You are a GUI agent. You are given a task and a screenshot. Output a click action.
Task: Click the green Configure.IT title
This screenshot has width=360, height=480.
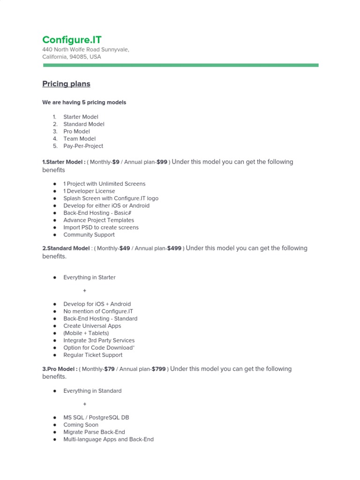coord(72,40)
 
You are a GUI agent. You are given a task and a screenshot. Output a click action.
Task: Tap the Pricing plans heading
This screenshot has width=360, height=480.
coord(66,84)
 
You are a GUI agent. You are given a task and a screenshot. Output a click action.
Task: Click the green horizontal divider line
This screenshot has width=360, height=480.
coord(180,65)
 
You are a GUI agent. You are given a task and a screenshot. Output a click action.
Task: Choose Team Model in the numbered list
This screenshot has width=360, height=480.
coord(79,139)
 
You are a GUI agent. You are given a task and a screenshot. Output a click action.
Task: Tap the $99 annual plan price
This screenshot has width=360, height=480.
coord(161,162)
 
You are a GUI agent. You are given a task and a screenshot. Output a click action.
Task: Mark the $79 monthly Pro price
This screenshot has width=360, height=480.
coord(109,369)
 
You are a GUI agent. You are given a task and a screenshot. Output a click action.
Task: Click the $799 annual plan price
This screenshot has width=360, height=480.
coord(158,369)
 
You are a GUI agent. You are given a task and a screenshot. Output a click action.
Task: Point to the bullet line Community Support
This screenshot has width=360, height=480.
coord(89,235)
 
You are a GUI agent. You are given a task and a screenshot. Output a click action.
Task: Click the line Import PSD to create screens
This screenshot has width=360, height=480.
coord(101,227)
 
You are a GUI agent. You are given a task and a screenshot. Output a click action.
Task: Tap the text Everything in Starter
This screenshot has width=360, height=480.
coord(90,277)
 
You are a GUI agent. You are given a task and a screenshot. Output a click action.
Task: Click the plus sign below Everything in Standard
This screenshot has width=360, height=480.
coord(85,404)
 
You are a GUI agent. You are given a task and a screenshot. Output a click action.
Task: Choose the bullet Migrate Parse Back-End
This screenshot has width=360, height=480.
coord(94,432)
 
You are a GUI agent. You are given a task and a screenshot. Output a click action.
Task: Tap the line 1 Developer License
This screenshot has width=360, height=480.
coord(89,191)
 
